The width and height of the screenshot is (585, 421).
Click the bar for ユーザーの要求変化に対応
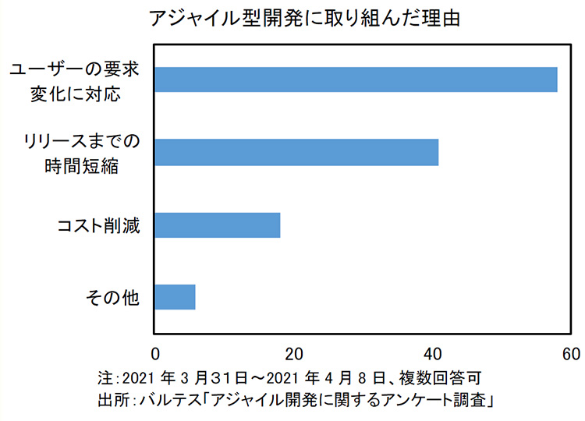point(356,80)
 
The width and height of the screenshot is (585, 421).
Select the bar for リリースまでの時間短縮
point(296,152)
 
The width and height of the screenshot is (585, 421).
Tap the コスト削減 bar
point(218,225)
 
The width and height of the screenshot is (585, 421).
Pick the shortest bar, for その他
point(175,297)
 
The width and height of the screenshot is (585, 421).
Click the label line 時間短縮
point(82,166)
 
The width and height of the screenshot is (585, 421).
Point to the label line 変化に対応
point(76,94)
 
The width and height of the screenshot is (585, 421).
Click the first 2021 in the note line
point(138,378)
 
